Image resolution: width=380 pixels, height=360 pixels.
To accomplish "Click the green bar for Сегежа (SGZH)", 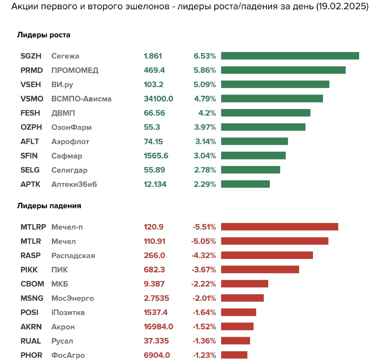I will [x=290, y=56].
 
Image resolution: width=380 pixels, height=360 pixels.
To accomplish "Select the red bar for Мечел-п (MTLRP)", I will [x=279, y=227].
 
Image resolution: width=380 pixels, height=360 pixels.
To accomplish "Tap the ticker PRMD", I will [x=32, y=70].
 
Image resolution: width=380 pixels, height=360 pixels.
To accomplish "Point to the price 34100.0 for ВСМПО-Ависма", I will [x=158, y=99].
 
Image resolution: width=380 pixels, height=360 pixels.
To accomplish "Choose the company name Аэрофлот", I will [x=70, y=141].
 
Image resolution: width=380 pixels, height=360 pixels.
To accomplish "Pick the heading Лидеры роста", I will [x=44, y=35].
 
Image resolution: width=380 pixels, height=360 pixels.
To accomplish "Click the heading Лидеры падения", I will [x=49, y=206].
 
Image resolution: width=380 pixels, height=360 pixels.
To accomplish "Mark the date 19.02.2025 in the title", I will [x=342, y=7].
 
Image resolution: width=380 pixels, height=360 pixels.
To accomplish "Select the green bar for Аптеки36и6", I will [x=245, y=184].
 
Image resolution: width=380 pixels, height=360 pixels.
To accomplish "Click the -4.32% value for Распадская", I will [x=204, y=255].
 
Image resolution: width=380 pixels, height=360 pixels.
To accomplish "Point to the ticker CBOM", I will [x=32, y=284].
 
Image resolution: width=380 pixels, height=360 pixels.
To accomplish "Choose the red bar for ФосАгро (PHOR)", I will [x=234, y=355].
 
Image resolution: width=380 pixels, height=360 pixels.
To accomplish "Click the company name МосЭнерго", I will [x=73, y=298].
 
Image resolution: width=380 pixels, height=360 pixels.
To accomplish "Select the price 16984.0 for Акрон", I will [x=158, y=326].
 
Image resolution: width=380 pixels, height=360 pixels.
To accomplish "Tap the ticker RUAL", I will [x=31, y=341].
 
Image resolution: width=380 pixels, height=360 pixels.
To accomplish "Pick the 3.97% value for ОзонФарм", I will [x=205, y=127].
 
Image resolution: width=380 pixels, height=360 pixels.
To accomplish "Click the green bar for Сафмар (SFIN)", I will [x=253, y=156].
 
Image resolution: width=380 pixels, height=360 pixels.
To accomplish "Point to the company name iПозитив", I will [x=68, y=312].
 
